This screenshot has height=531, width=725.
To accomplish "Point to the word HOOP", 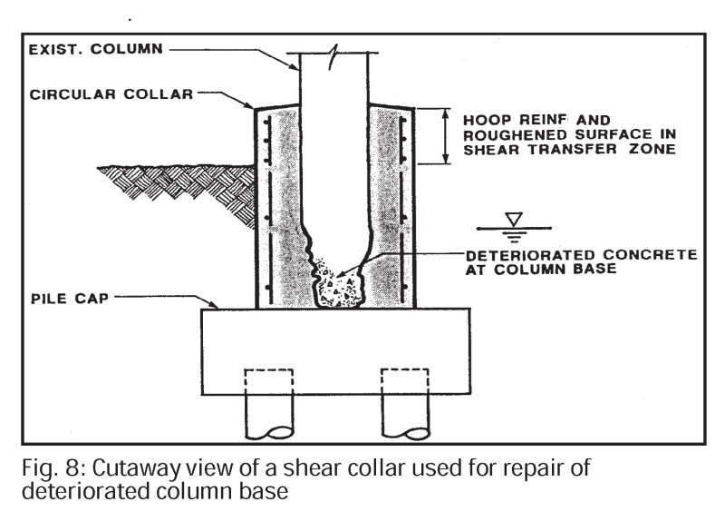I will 482,119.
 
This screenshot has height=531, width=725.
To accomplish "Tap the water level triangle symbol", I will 514,220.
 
